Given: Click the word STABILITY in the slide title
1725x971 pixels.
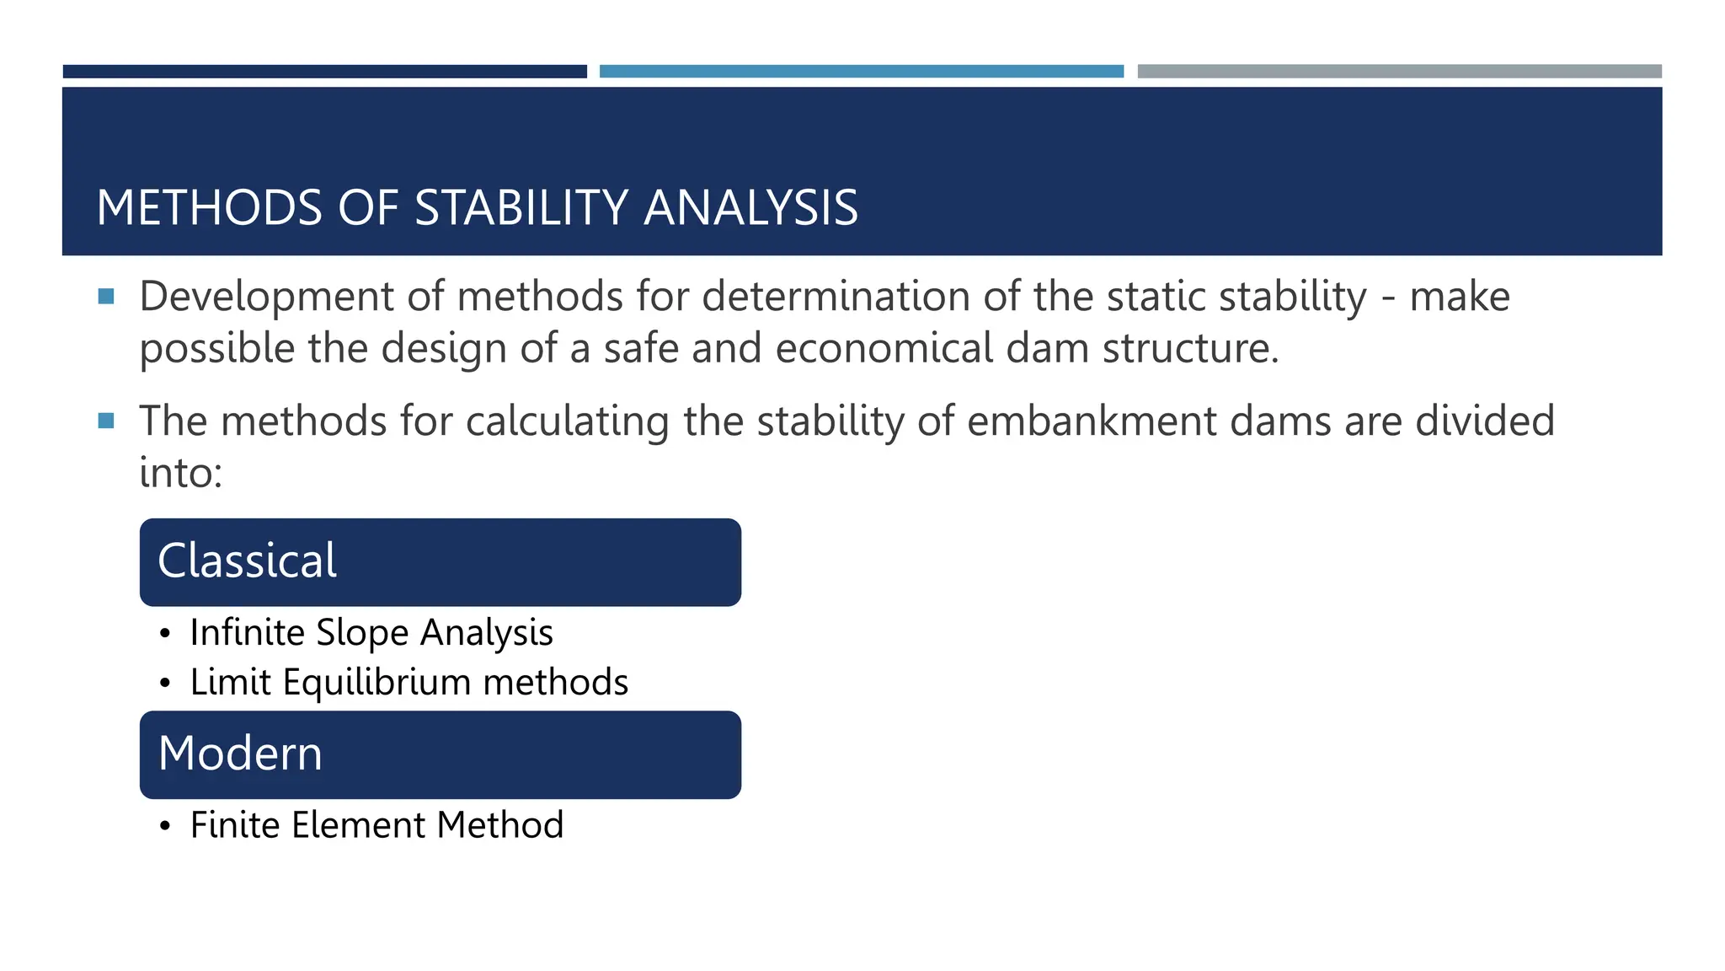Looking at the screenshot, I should pyautogui.click(x=521, y=208).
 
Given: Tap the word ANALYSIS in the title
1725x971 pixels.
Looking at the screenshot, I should pyautogui.click(x=750, y=208).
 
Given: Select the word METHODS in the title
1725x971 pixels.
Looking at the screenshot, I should pyautogui.click(x=209, y=208).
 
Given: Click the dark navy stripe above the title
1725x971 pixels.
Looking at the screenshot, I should pyautogui.click(x=324, y=72).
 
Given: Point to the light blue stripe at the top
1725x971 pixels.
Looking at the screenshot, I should pyautogui.click(x=861, y=72).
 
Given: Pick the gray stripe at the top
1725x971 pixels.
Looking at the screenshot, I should pyautogui.click(x=1399, y=72).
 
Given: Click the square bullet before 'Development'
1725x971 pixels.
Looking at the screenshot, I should pyautogui.click(x=106, y=296).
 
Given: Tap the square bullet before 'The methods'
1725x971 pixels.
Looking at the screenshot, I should pyautogui.click(x=106, y=420).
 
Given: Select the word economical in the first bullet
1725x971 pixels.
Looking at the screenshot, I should pyautogui.click(x=884, y=348).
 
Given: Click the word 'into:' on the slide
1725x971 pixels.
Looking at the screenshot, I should pyautogui.click(x=180, y=472).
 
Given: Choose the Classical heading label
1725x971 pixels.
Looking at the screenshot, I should pyautogui.click(x=247, y=561).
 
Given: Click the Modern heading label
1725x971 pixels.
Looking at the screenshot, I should pyautogui.click(x=240, y=754).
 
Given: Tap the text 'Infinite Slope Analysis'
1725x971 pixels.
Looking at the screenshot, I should pyautogui.click(x=371, y=632).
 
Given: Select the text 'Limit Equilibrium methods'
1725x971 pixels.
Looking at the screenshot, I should pyautogui.click(x=409, y=682).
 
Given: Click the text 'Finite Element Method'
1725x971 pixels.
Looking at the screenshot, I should pyautogui.click(x=377, y=824).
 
